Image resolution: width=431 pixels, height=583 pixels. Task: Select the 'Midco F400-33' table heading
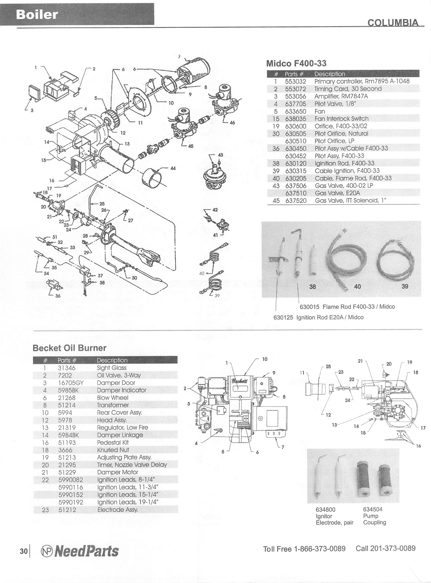coord(296,63)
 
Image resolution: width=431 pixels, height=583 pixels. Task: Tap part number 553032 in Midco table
coord(295,81)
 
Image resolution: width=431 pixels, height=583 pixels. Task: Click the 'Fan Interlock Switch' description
coord(341,118)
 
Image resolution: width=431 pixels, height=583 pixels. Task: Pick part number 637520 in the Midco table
coord(295,201)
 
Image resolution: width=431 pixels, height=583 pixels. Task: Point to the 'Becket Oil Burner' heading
coord(69,348)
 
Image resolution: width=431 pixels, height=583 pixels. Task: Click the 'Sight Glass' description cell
coord(111,368)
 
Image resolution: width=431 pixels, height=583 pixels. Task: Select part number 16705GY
coord(71,383)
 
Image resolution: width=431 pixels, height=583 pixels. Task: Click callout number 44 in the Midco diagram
coord(173,168)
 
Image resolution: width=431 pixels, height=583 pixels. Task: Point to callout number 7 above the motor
coord(179,57)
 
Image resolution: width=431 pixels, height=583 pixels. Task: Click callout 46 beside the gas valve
coord(232,122)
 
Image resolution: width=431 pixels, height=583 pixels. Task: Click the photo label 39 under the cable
coord(405,286)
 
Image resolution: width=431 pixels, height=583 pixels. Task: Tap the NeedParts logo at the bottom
coord(79,551)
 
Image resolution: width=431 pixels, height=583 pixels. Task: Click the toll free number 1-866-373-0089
coord(320,549)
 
